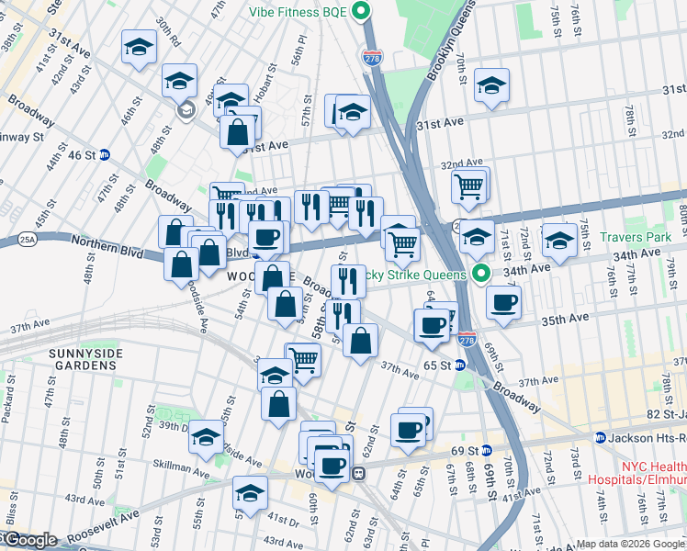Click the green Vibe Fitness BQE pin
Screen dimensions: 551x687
(x=362, y=12)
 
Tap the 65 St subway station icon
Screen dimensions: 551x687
(x=460, y=365)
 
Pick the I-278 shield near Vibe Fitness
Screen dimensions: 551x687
(x=372, y=57)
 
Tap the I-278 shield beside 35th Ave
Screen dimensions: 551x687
(x=467, y=339)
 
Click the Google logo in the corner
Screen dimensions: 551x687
(x=29, y=540)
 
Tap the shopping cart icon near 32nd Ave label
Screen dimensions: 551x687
(x=469, y=186)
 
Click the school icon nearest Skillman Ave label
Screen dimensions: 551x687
(x=207, y=436)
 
